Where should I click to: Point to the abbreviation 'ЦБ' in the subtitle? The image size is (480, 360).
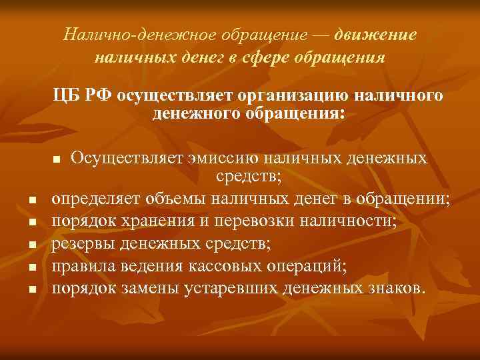pos(67,97)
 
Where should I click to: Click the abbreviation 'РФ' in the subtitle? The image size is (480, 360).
pos(99,97)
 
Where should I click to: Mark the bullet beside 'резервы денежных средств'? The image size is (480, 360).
pos(32,245)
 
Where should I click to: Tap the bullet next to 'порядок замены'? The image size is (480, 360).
pos(32,291)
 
